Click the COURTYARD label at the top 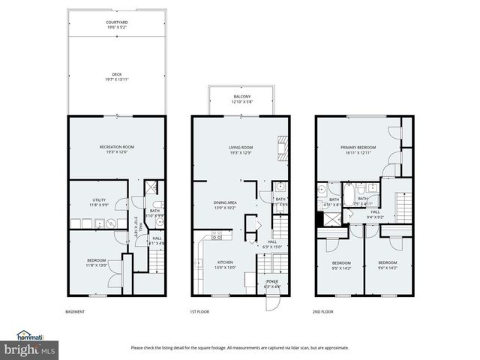coord(116,22)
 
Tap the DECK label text coord(116,74)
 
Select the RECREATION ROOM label coord(116,146)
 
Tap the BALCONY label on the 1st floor coord(241,97)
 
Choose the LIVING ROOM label coord(241,147)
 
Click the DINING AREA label coord(226,202)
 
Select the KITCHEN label coord(205,262)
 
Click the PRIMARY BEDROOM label coord(358,148)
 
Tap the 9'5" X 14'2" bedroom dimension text coord(341,266)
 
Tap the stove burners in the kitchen coord(216,235)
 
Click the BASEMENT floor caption coord(75,312)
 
